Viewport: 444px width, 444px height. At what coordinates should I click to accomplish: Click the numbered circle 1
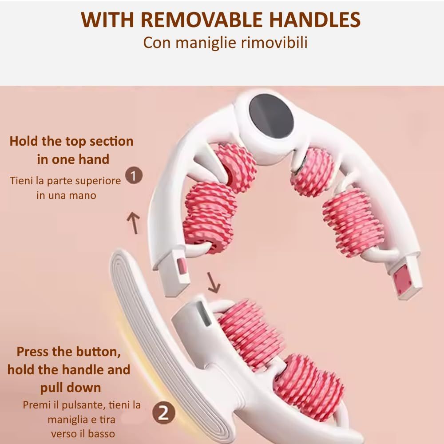134,175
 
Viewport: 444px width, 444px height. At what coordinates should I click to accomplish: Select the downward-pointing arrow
213,282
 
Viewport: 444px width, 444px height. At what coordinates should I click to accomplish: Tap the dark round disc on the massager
271,119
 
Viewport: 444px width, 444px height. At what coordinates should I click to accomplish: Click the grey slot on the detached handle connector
203,314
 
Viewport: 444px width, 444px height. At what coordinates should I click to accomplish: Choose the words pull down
71,388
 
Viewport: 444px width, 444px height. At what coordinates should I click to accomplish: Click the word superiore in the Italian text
98,181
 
